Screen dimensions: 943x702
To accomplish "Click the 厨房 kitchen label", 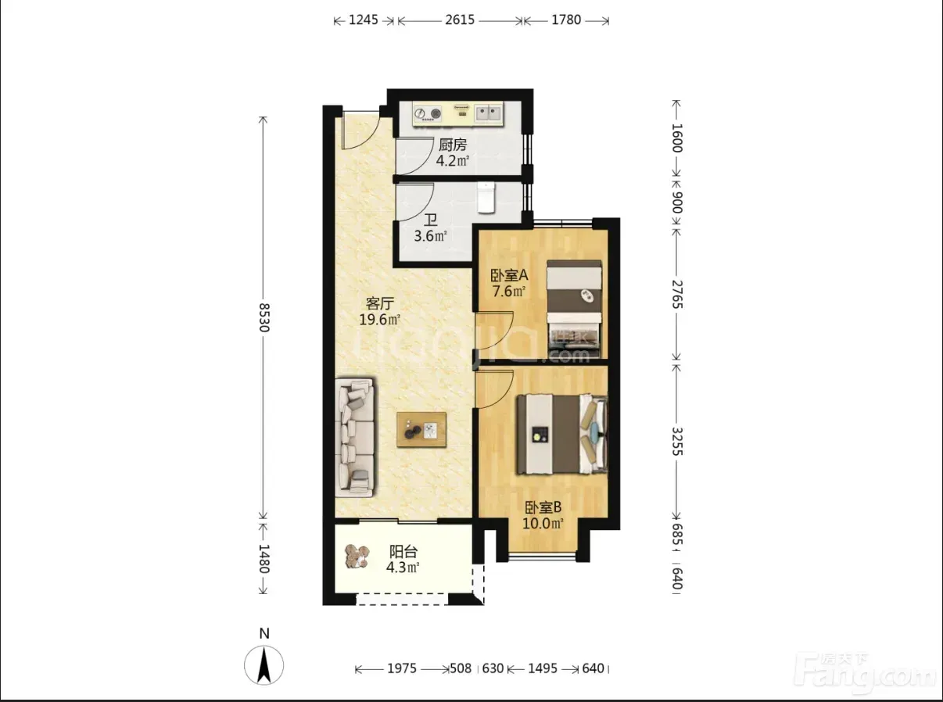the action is tap(453, 145).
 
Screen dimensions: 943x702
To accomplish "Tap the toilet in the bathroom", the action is tap(486, 197).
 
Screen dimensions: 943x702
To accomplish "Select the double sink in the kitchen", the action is tap(489, 113).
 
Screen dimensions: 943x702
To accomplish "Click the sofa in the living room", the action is tap(355, 438).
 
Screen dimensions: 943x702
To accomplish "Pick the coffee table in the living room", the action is tap(421, 429).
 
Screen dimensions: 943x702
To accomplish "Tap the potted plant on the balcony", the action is tap(357, 556).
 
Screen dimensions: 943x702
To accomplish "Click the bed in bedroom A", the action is tap(574, 310).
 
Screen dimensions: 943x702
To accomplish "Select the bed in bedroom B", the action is tap(561, 434).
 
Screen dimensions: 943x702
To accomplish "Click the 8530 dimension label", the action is tap(264, 317).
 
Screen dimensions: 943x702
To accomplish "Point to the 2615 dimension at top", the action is tap(460, 20).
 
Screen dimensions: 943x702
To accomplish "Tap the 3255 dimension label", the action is tap(677, 442).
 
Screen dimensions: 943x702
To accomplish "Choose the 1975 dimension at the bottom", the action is tap(402, 668).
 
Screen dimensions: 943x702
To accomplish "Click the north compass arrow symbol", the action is tap(264, 665).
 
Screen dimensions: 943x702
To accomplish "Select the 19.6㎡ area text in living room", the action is tap(380, 319).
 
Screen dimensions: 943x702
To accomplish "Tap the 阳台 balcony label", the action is tap(403, 552).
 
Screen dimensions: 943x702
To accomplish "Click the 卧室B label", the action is tap(543, 507).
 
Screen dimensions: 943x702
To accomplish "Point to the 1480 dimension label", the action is tap(264, 558).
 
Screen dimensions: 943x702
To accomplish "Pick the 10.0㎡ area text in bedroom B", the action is tap(543, 523).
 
